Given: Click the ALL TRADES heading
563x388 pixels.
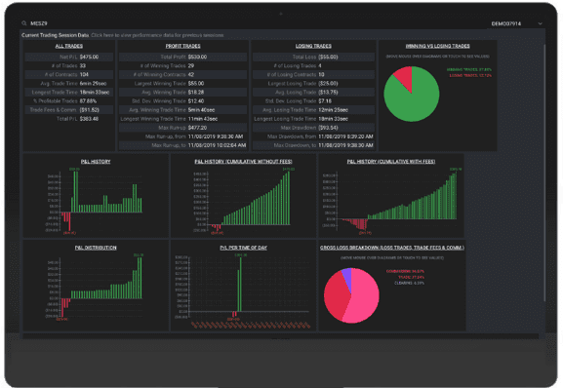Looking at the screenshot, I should tap(67, 46).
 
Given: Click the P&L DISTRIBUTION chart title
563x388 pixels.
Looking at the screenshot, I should tap(95, 248).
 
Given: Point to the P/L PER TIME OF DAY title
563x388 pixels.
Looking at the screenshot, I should tap(241, 248).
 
